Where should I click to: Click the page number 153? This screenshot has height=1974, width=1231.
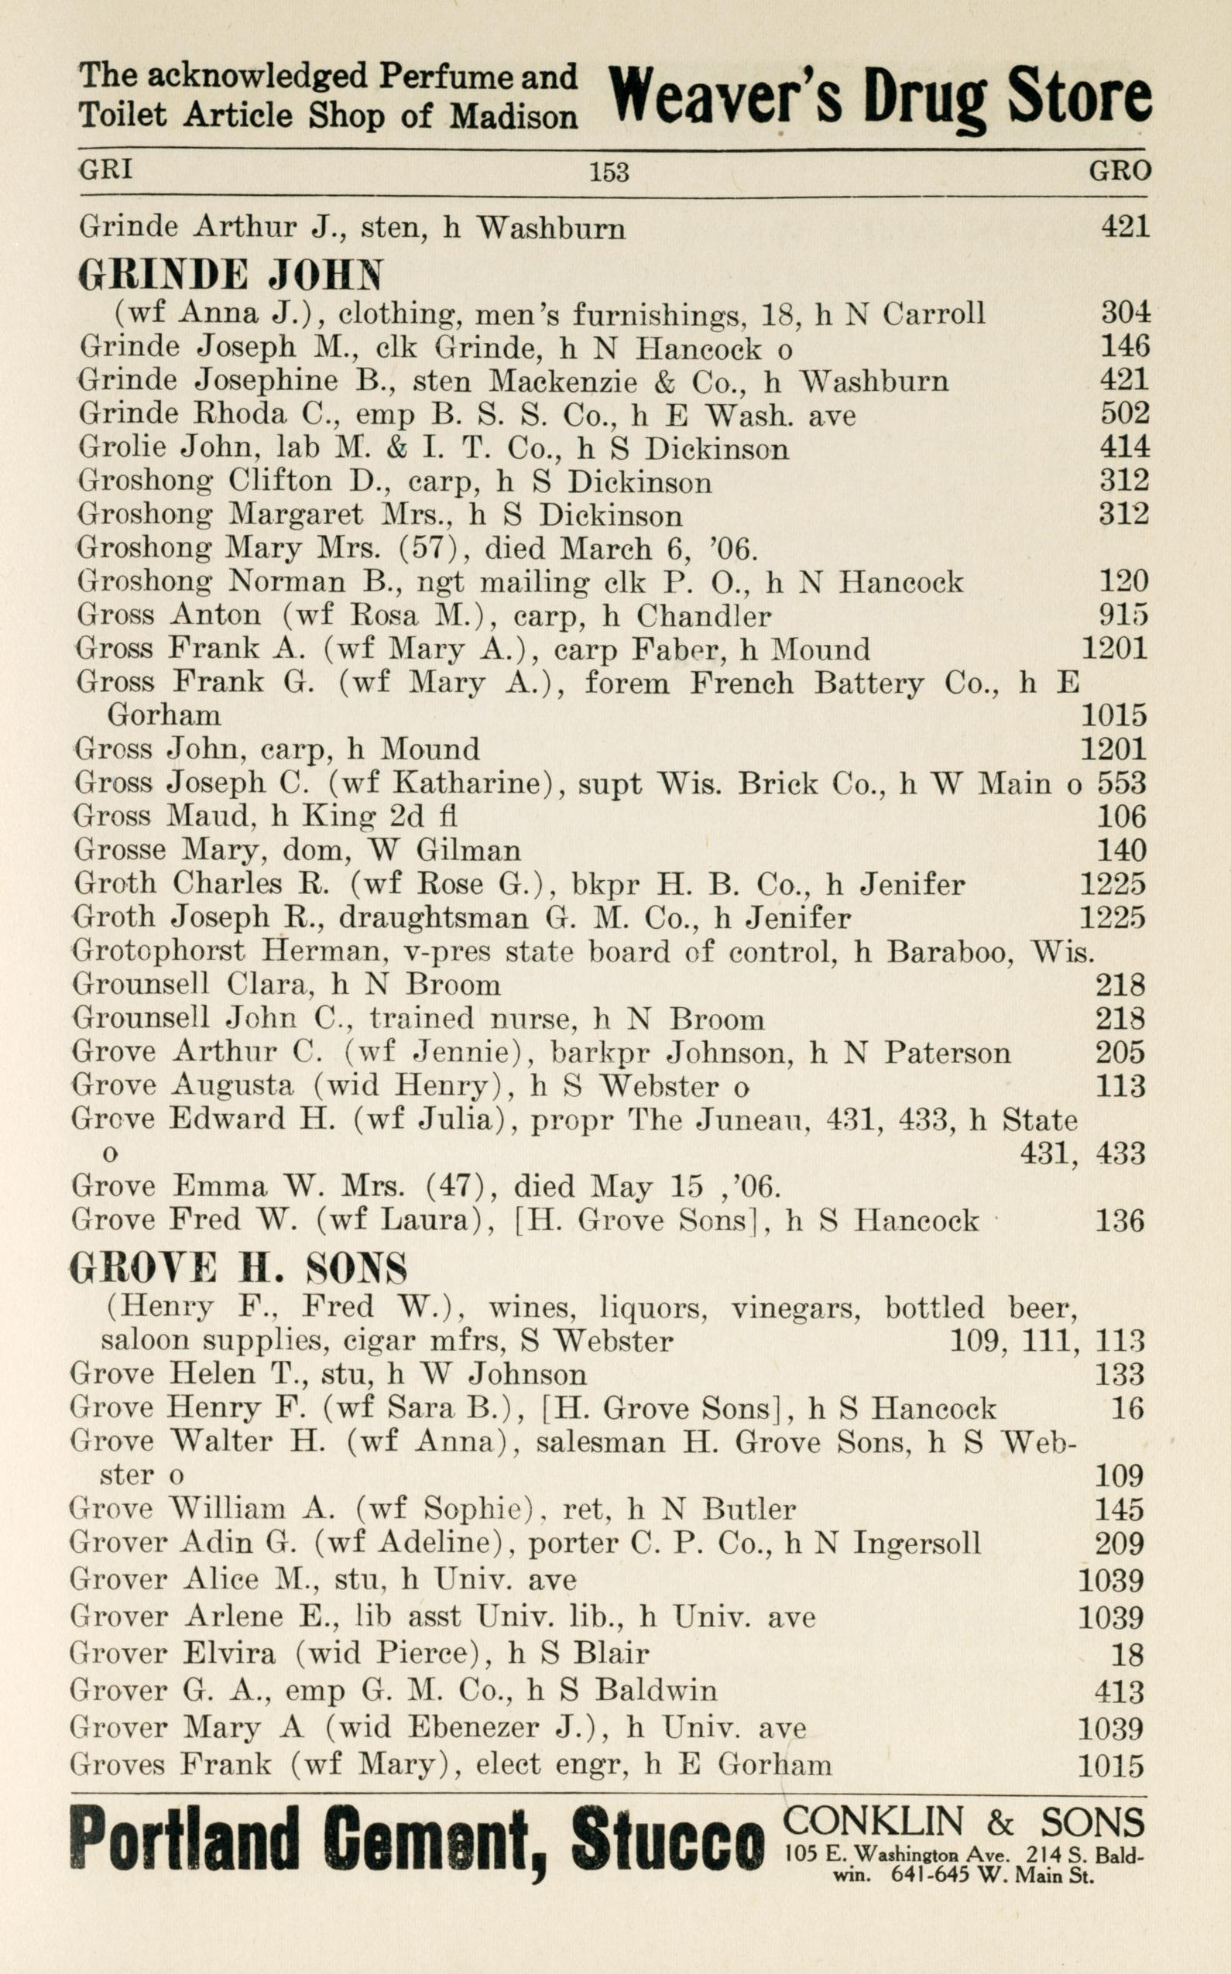pyautogui.click(x=609, y=172)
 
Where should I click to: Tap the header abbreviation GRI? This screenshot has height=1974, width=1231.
pyautogui.click(x=106, y=170)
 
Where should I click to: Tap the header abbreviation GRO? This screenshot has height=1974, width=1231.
pyautogui.click(x=1120, y=170)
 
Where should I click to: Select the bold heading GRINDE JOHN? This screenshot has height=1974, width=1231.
pyautogui.click(x=231, y=276)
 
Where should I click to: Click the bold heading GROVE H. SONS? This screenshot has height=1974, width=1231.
pyautogui.click(x=238, y=1267)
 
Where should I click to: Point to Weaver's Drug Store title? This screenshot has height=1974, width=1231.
pyautogui.click(x=880, y=98)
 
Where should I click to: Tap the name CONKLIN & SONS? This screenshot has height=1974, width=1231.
pyautogui.click(x=965, y=1821)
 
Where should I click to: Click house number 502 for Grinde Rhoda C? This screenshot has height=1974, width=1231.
pyautogui.click(x=1124, y=413)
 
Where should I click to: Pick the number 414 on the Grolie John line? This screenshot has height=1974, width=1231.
pyautogui.click(x=1124, y=447)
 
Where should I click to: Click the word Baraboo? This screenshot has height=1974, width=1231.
pyautogui.click(x=949, y=951)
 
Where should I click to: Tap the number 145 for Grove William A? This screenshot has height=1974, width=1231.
pyautogui.click(x=1120, y=1510)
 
